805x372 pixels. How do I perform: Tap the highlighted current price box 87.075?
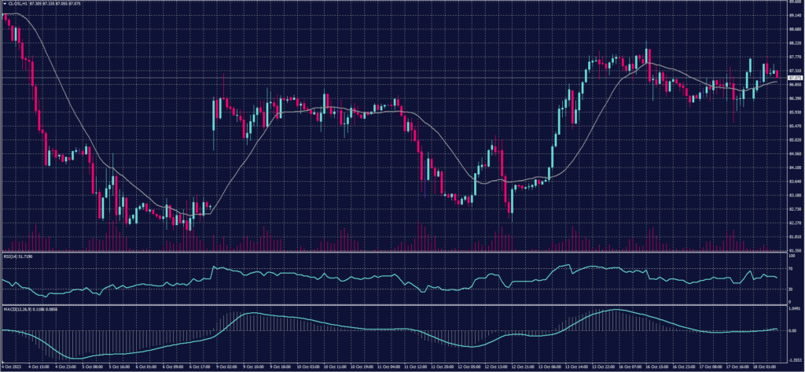coord(795,78)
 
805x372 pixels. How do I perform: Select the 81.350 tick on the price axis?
coord(795,251)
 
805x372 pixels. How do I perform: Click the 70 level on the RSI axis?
coord(789,268)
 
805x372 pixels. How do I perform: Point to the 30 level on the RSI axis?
coord(789,289)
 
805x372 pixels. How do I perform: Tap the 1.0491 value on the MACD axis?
coord(795,309)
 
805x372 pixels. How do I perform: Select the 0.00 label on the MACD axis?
coord(792,330)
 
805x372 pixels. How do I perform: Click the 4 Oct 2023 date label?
coord(10,366)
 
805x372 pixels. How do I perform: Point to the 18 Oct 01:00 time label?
coord(763,366)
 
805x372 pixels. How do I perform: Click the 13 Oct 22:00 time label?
coord(604,366)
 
